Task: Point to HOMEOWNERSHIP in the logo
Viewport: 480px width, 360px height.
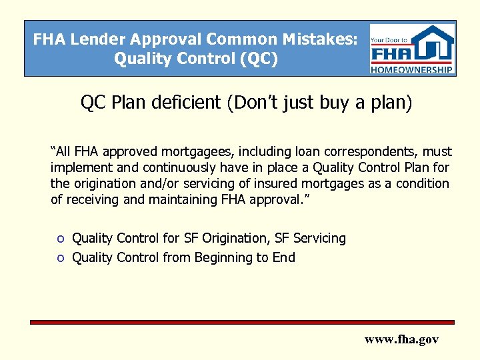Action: pos(413,69)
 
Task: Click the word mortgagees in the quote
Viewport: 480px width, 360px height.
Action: pos(193,152)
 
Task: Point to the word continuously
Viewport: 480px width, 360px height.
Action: pos(145,167)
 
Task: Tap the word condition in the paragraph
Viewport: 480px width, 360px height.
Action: pos(422,183)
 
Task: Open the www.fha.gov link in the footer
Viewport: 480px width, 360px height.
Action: pos(401,339)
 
